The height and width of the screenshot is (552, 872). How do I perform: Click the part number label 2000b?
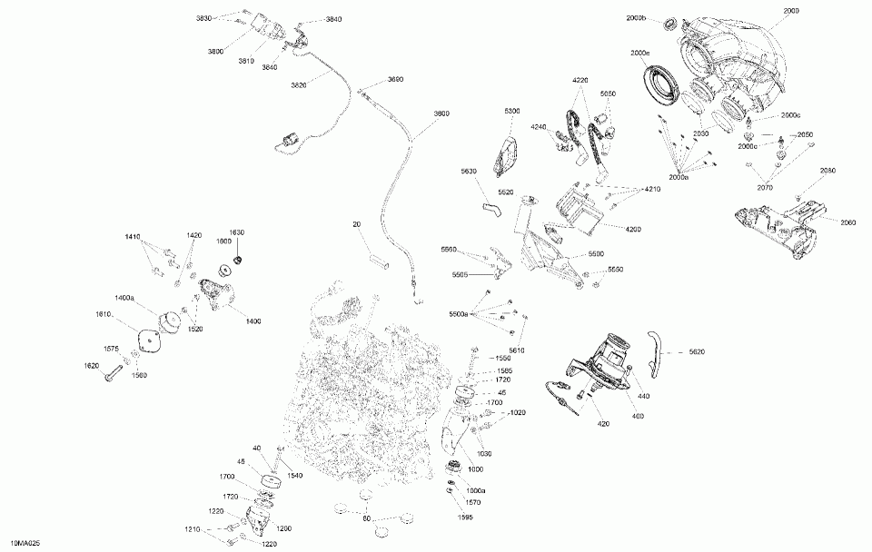[636, 18]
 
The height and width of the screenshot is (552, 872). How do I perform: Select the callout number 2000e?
[639, 54]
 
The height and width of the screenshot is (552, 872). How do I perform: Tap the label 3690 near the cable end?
[395, 80]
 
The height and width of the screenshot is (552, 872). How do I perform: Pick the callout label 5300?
[512, 111]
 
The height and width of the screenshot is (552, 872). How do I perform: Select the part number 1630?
[236, 232]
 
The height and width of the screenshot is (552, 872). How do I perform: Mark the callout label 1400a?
[124, 298]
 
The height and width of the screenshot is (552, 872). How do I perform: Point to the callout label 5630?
[469, 172]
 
